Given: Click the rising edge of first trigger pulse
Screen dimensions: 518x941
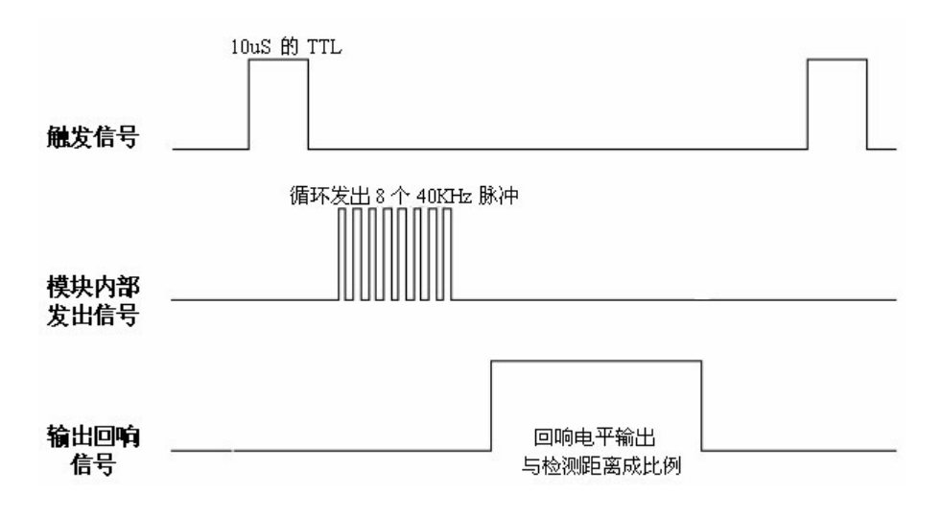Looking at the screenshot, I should click(249, 106).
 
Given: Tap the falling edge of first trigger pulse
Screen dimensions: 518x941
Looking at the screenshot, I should click(308, 106).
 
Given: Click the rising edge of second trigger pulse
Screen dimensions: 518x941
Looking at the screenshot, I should click(808, 106).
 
